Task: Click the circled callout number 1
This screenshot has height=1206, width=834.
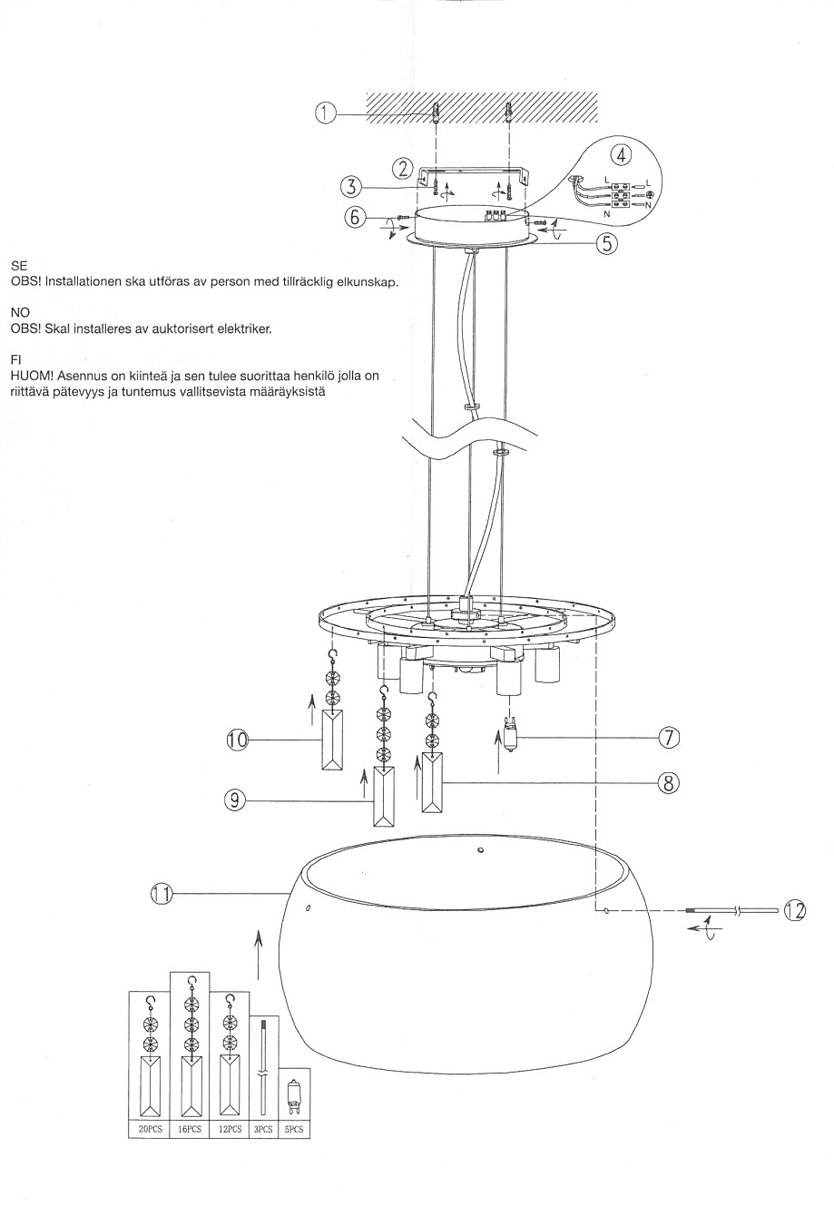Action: coord(326,113)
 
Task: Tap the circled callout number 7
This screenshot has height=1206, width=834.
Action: coord(669,738)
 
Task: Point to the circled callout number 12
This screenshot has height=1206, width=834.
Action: coord(794,910)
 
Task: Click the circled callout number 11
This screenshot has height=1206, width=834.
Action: coord(161,894)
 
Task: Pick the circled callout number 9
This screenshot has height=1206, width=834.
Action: coord(235,799)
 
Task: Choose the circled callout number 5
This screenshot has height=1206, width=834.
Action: coord(606,243)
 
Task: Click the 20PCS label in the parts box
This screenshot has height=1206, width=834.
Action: coord(151,1130)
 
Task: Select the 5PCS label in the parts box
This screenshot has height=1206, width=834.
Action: coord(292,1130)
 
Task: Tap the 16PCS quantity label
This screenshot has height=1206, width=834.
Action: coord(190,1130)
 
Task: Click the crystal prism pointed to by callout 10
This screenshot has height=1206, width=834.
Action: coord(334,740)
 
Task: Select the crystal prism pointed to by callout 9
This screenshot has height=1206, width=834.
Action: coord(385,795)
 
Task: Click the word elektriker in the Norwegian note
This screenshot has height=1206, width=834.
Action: coord(244,328)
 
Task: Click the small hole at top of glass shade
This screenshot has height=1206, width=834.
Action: coord(480,850)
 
